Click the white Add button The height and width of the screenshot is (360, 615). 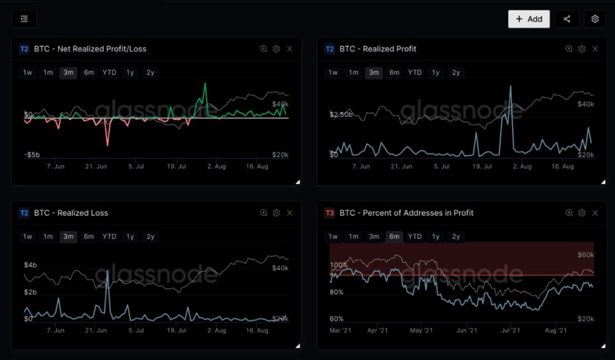[x=529, y=19]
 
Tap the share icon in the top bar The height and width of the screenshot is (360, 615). [x=567, y=19]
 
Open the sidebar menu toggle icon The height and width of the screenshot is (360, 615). [x=24, y=19]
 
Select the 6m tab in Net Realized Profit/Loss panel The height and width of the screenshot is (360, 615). [x=89, y=73]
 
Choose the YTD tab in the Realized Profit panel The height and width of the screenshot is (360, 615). [x=415, y=73]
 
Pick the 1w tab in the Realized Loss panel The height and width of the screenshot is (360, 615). [x=27, y=236]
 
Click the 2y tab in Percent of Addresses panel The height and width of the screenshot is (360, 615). [x=456, y=236]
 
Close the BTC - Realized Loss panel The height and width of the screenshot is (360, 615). [x=290, y=213]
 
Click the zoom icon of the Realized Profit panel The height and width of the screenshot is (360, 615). [x=569, y=49]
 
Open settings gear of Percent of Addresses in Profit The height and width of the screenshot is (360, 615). [x=582, y=213]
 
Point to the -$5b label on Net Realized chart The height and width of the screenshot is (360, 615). [x=31, y=155]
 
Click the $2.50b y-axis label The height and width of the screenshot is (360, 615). [x=341, y=115]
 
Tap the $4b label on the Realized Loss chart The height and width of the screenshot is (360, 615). [x=30, y=264]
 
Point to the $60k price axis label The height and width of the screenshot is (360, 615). [x=585, y=255]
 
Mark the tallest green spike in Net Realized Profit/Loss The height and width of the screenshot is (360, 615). [x=205, y=84]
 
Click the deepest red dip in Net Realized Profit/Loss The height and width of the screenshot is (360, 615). [x=107, y=145]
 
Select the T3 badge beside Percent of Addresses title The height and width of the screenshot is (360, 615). [x=330, y=213]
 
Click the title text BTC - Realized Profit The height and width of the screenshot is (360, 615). [x=378, y=49]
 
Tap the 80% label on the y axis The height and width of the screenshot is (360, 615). [x=337, y=292]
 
